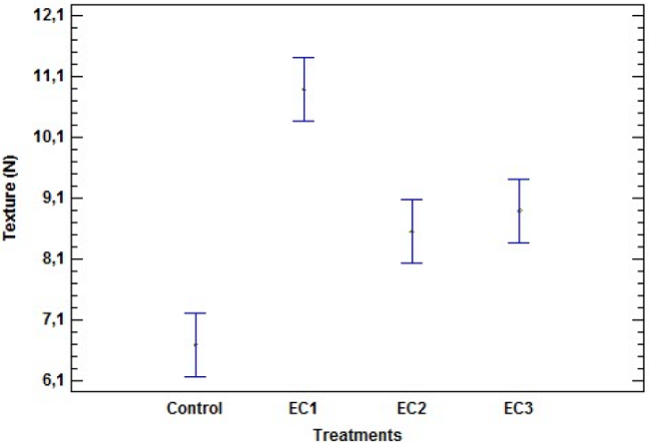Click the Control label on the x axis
point(196,408)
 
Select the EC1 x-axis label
point(304,408)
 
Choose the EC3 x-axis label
point(519,408)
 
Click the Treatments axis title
point(357,434)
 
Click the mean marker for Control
point(196,344)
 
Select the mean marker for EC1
point(304,90)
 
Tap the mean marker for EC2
point(411,231)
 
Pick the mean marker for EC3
point(519,211)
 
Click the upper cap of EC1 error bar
point(304,58)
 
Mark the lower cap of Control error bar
point(196,376)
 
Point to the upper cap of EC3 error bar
point(519,180)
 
